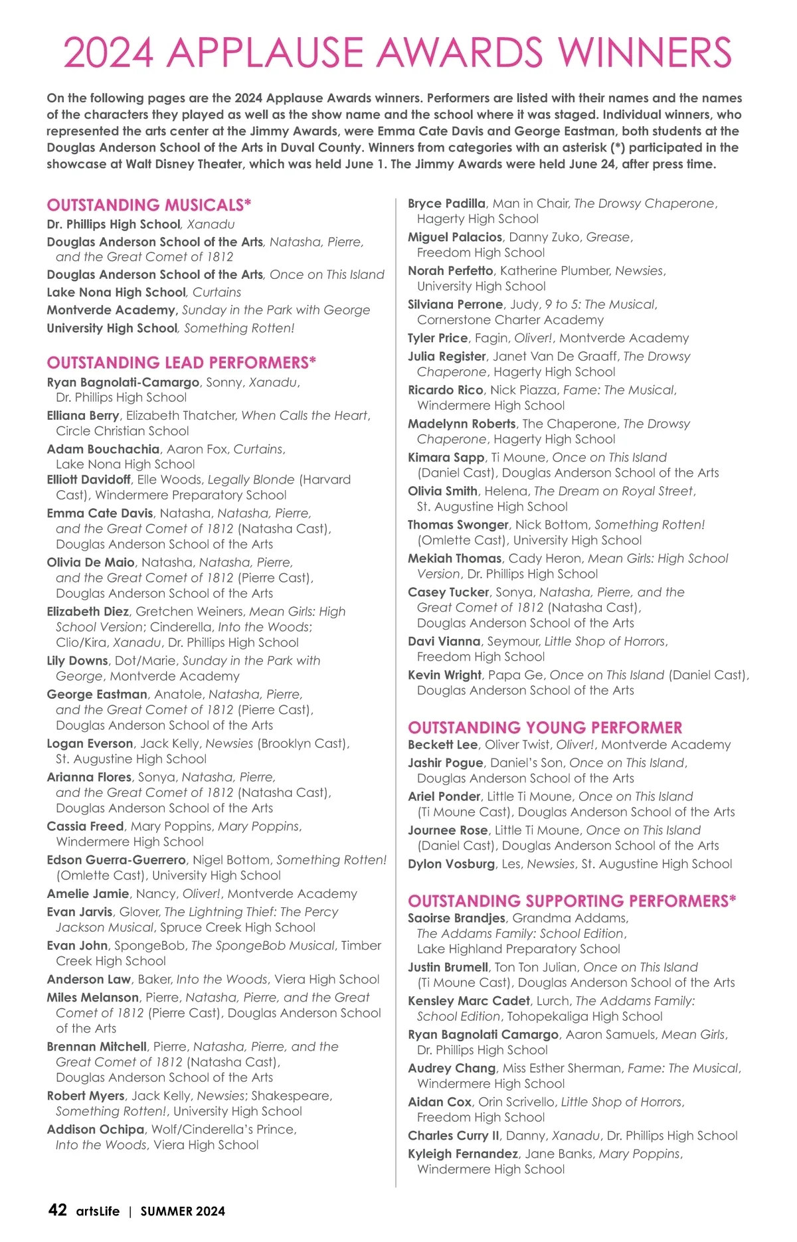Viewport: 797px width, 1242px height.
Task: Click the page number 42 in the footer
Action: (58, 1209)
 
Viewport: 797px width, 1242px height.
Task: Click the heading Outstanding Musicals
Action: (149, 205)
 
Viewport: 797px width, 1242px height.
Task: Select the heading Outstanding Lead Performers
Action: (181, 363)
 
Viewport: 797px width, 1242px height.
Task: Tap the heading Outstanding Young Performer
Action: (545, 727)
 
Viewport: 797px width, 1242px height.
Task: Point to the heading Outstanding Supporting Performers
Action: (572, 901)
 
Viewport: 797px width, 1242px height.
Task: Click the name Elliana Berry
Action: (83, 415)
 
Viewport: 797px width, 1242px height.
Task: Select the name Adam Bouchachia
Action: (103, 449)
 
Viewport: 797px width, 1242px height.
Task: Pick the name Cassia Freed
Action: (85, 826)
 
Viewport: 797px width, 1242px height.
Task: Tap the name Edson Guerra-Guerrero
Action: (116, 859)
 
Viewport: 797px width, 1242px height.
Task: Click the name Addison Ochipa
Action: (96, 1129)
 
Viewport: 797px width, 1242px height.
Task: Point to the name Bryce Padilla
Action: (446, 203)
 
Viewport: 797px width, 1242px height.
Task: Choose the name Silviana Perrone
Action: (455, 304)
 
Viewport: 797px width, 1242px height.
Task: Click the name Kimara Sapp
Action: (446, 457)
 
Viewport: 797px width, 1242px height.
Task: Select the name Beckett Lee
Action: (442, 745)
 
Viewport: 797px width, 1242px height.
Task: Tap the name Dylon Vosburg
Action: (451, 863)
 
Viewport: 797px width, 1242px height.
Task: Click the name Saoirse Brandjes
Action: (456, 918)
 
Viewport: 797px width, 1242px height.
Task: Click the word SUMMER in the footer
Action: (163, 1211)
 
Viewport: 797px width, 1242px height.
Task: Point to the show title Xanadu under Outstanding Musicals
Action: (211, 224)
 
